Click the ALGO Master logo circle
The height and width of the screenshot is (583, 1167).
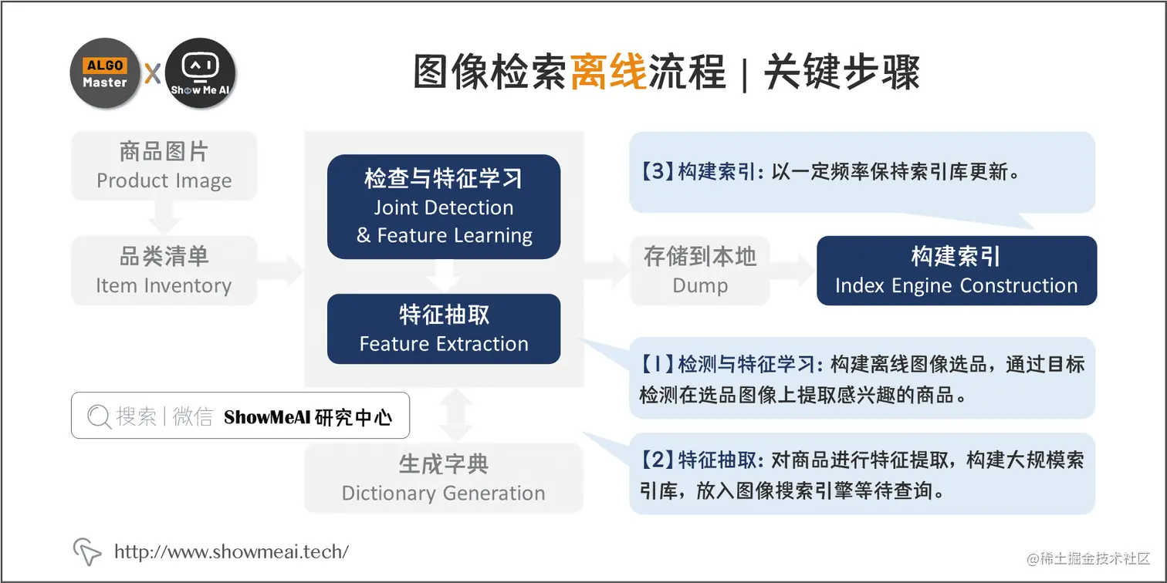pyautogui.click(x=105, y=73)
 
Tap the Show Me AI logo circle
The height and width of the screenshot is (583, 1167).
pyautogui.click(x=200, y=73)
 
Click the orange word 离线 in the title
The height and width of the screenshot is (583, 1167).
pyautogui.click(x=608, y=74)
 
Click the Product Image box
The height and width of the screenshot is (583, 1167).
pyautogui.click(x=164, y=166)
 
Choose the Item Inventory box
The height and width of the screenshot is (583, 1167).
pyautogui.click(x=164, y=271)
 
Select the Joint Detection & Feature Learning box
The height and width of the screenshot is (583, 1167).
pyautogui.click(x=444, y=207)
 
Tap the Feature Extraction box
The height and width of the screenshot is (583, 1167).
pyautogui.click(x=444, y=329)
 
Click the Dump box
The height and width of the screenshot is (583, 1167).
pyautogui.click(x=700, y=271)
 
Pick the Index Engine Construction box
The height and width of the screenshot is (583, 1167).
pyautogui.click(x=956, y=271)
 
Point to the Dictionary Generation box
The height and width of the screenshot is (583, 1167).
pyautogui.click(x=444, y=478)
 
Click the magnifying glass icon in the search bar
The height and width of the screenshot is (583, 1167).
pyautogui.click(x=99, y=417)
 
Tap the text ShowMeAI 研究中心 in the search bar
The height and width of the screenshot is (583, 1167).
pyautogui.click(x=308, y=417)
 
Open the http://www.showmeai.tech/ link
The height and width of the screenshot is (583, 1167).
pyautogui.click(x=232, y=551)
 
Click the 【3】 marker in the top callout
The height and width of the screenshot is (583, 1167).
pyautogui.click(x=657, y=172)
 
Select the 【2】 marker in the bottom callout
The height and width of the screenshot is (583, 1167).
pyautogui.click(x=657, y=460)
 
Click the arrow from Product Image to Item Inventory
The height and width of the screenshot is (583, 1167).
pyautogui.click(x=164, y=218)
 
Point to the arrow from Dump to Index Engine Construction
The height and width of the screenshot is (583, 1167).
pyautogui.click(x=793, y=271)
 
